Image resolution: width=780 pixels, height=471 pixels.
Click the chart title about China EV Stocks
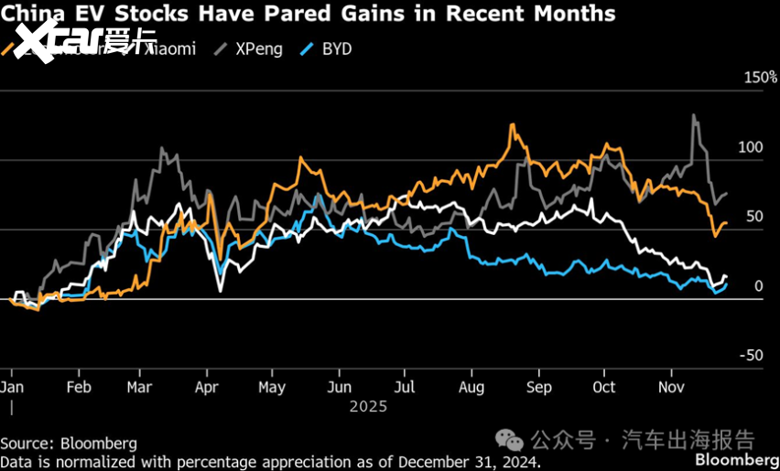(x=308, y=14)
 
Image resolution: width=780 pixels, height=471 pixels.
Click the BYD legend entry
(x=333, y=49)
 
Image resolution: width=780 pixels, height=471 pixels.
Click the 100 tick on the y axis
(x=751, y=147)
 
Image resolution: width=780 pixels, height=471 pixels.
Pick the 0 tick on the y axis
(x=758, y=286)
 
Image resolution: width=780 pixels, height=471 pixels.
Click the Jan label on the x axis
(x=11, y=387)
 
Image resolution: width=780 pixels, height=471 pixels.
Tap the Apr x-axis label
(x=208, y=387)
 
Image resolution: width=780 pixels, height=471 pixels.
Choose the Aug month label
(x=471, y=387)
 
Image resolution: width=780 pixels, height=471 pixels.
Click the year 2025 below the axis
(x=368, y=406)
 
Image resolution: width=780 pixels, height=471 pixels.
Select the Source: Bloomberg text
(x=69, y=444)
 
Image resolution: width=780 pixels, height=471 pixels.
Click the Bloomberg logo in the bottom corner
(x=736, y=458)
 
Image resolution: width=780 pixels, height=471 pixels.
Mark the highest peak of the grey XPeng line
(x=694, y=115)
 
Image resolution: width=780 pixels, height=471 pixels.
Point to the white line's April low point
(x=221, y=291)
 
